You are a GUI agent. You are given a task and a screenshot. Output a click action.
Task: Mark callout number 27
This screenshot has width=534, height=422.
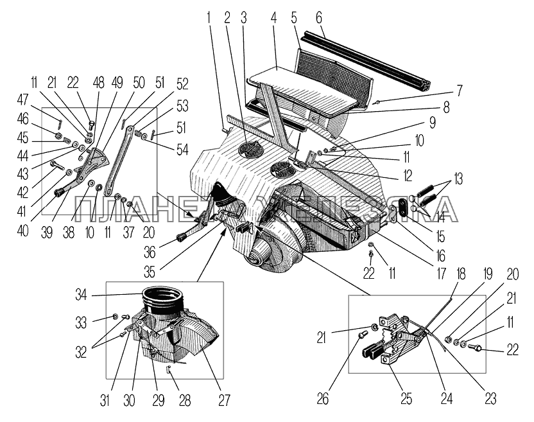[223, 399]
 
